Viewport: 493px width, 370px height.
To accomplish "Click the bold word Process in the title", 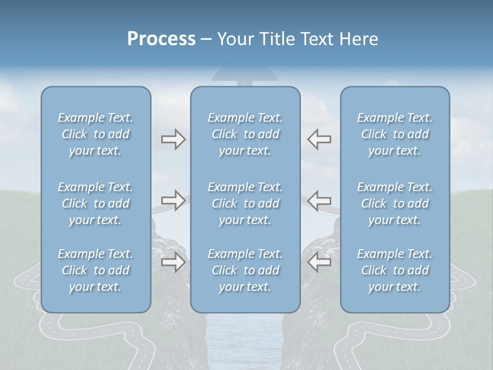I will click(161, 39).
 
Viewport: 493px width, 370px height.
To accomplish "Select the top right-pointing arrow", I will click(173, 139).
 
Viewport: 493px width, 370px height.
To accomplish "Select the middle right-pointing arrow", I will click(173, 200).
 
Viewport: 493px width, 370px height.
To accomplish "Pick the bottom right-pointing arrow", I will click(173, 262).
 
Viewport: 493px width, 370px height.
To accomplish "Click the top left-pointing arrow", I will click(319, 139).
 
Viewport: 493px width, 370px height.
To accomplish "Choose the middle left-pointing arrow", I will click(319, 200).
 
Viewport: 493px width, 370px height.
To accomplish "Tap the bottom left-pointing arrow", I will click(319, 262).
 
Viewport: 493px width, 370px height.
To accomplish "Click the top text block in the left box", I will click(96, 134).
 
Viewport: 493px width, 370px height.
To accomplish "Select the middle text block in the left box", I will click(96, 203).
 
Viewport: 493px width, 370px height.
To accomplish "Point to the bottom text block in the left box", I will click(96, 270).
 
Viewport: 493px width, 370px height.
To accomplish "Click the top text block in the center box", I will click(245, 134).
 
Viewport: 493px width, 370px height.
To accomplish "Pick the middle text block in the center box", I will click(245, 203).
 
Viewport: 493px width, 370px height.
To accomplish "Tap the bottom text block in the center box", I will click(245, 270).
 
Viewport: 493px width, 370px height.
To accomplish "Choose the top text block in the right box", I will click(395, 134).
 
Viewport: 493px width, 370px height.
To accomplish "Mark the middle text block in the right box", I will click(395, 203).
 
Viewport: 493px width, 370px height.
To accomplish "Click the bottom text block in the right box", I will click(395, 270).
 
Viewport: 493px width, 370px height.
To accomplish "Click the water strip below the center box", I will click(245, 342).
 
